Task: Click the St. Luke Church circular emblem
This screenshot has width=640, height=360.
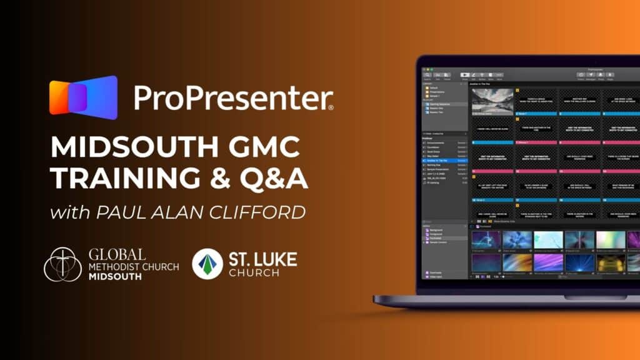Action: click(x=207, y=264)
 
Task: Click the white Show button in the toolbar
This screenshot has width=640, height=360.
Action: click(x=465, y=74)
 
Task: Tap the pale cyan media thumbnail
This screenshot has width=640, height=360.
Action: click(x=547, y=240)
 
